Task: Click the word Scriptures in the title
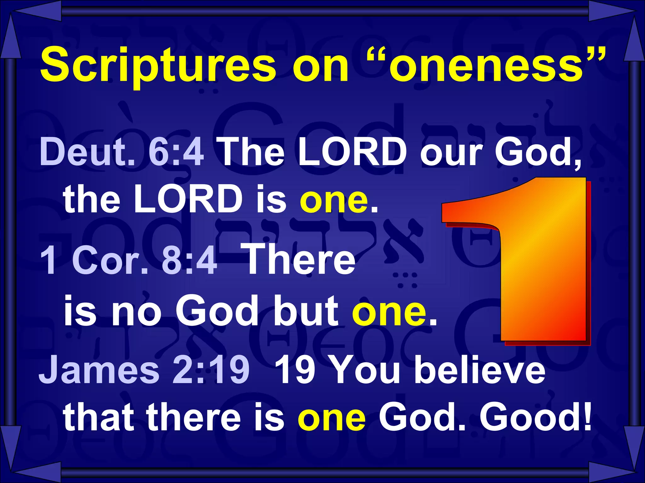(x=157, y=65)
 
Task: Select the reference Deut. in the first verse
(x=87, y=153)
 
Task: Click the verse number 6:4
(x=176, y=153)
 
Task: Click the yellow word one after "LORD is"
(x=334, y=200)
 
